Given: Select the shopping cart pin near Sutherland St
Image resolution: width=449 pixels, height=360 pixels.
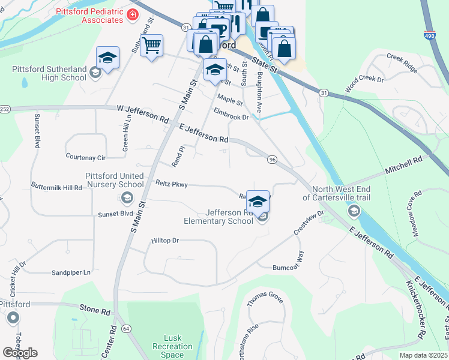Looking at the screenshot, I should click(x=152, y=45).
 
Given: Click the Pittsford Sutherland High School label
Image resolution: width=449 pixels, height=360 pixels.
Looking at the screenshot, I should click(x=49, y=73).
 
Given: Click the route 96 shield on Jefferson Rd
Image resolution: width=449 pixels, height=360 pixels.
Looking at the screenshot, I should click(x=272, y=159).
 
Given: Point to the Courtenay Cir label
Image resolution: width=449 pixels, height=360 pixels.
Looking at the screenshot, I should click(x=86, y=157).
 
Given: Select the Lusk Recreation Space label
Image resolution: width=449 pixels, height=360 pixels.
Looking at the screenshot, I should click(x=172, y=346).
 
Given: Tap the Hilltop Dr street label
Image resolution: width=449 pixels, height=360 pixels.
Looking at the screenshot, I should click(x=165, y=240).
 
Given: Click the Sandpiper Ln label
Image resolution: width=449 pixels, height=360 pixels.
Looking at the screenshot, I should click(x=71, y=272).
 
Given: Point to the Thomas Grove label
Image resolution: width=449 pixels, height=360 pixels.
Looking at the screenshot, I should click(x=265, y=297).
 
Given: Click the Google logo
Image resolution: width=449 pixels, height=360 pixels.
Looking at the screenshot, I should click(x=19, y=353).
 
